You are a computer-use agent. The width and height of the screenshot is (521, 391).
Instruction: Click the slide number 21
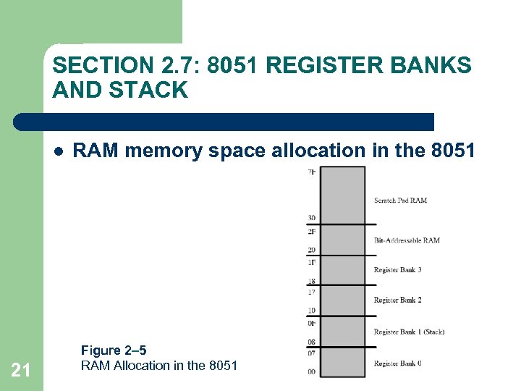(21, 370)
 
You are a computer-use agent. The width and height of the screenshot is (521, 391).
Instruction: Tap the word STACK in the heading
(156, 91)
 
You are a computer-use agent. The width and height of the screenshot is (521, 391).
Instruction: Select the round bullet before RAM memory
(58, 151)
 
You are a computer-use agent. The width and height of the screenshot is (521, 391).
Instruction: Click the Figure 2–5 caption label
(114, 351)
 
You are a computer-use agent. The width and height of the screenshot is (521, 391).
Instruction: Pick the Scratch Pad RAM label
(400, 201)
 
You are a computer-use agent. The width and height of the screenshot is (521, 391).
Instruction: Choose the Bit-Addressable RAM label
(407, 240)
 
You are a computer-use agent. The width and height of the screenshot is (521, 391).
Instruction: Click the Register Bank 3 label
(397, 270)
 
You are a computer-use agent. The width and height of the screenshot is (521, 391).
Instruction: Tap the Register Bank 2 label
(397, 300)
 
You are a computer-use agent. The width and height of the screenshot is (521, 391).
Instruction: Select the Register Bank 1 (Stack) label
(409, 332)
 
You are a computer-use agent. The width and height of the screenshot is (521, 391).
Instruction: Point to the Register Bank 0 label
(397, 363)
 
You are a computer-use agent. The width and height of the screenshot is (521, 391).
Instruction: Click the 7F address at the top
(312, 172)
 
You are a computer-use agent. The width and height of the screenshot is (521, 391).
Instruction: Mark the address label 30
(311, 218)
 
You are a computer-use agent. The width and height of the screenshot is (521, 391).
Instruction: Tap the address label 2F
(311, 232)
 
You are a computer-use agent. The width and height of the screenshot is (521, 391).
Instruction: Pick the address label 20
(311, 250)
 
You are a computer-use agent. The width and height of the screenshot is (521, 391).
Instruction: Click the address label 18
(311, 281)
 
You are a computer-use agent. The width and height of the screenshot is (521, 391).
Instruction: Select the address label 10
(311, 311)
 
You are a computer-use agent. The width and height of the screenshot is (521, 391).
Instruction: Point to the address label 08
(311, 342)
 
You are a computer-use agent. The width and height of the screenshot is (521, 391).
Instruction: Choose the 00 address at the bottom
(311, 371)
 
